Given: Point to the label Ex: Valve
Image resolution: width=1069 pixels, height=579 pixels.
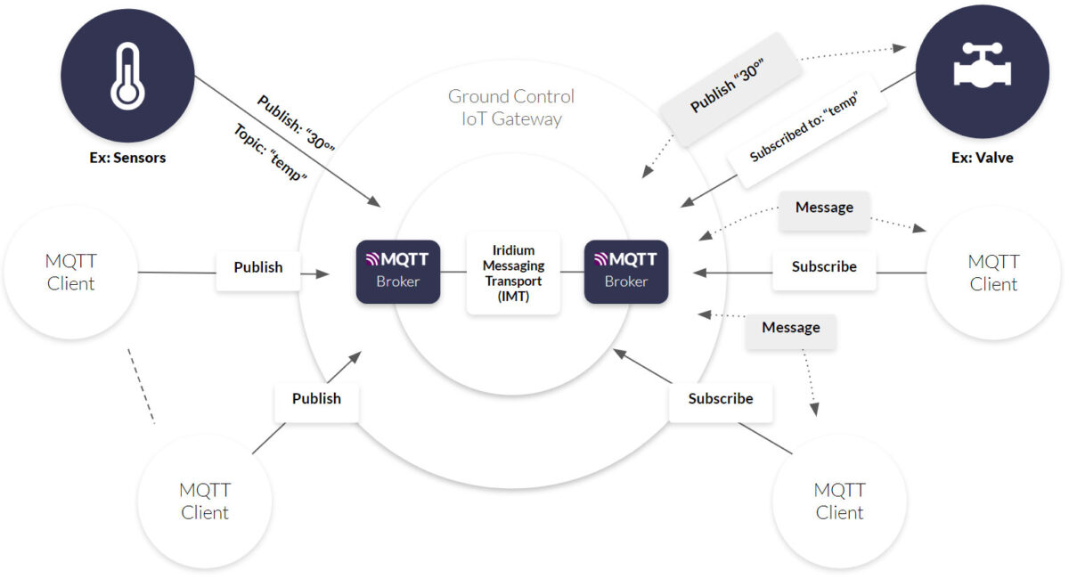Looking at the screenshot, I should pos(983,158).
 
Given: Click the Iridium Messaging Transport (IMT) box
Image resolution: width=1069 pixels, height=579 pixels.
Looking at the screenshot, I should pos(513,273).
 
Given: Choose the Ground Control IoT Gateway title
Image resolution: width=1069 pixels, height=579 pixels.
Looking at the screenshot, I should pos(510,107).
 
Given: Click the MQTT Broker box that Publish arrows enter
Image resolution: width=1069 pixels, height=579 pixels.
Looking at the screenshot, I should pos(398,271).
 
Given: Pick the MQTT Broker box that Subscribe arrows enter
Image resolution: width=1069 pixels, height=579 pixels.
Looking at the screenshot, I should pos(626,271).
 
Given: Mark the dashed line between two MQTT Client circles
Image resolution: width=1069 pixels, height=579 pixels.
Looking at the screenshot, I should pos(141,385).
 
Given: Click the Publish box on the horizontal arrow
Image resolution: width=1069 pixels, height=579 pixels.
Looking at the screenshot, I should pos(258,267).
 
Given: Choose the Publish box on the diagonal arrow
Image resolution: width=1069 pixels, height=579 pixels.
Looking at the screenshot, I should pos(316,398).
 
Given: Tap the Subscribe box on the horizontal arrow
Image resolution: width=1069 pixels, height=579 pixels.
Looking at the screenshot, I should pos(824,266).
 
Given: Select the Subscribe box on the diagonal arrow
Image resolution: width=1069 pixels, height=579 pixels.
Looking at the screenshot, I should pos(721,398).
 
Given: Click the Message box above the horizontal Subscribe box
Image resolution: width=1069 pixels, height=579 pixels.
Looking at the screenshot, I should pos(824,208).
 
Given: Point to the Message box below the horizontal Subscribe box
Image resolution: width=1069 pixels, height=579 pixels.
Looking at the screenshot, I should pos(790,328).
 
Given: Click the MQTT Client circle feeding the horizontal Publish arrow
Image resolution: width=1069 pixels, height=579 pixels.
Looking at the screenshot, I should pos(70,273).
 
